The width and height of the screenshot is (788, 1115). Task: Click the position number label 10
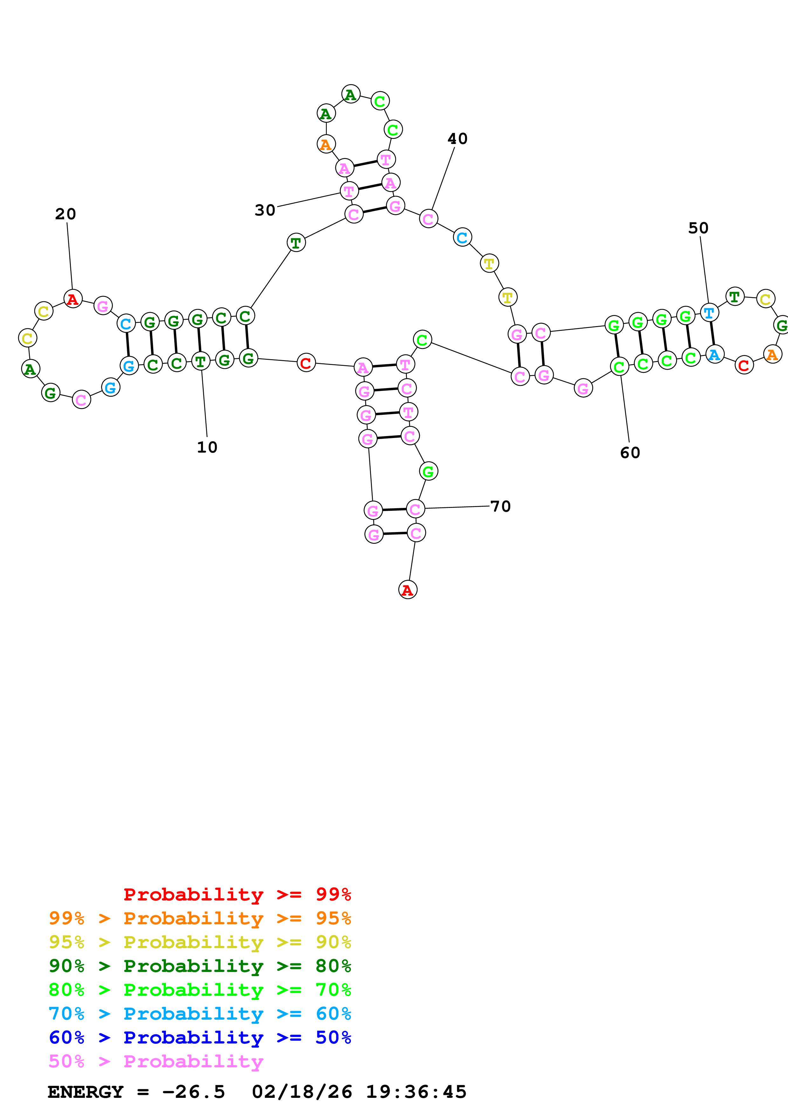pyautogui.click(x=207, y=447)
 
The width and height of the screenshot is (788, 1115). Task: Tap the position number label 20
pyautogui.click(x=65, y=214)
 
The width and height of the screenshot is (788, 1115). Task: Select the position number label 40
pyautogui.click(x=457, y=139)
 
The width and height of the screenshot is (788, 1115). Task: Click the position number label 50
pyautogui.click(x=698, y=228)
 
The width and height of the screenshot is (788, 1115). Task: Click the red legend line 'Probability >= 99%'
pyautogui.click(x=237, y=894)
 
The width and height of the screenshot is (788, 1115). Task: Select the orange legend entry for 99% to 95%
pyautogui.click(x=200, y=918)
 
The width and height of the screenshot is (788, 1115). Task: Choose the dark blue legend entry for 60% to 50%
pyautogui.click(x=200, y=1037)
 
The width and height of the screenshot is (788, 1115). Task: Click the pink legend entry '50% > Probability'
pyautogui.click(x=156, y=1061)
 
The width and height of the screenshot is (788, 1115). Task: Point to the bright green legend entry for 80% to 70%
pyautogui.click(x=200, y=990)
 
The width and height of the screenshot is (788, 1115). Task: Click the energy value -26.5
pyautogui.click(x=194, y=1092)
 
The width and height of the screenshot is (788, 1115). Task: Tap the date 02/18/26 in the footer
pyautogui.click(x=302, y=1092)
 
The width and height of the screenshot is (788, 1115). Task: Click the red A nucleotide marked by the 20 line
pyautogui.click(x=73, y=299)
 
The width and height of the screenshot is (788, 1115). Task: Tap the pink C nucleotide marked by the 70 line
pyautogui.click(x=415, y=509)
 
